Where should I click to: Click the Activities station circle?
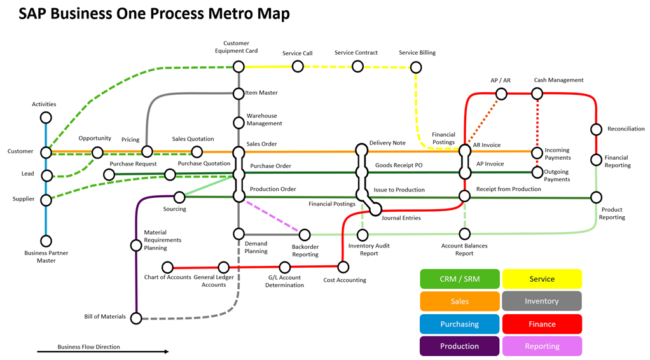coord(46,118)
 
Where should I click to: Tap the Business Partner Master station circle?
coord(46,241)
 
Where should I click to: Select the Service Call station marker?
coord(298,66)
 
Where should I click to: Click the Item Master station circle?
coord(239,93)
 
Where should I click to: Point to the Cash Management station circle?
coord(537,94)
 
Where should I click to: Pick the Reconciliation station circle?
coord(596,130)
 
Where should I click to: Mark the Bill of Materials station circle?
coord(136,318)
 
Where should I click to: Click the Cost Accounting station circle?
coord(343,267)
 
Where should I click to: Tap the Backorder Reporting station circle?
coord(305,235)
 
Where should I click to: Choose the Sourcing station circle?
coord(180,197)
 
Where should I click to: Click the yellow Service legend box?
coord(542,279)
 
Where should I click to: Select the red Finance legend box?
coord(542,324)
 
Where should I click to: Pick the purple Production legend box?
coord(459,346)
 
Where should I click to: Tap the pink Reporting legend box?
coord(542,346)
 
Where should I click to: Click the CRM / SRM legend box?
coord(459,279)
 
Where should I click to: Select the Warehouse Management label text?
coord(264,120)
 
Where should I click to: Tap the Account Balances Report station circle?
coord(465,235)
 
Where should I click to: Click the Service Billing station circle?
coord(416,67)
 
